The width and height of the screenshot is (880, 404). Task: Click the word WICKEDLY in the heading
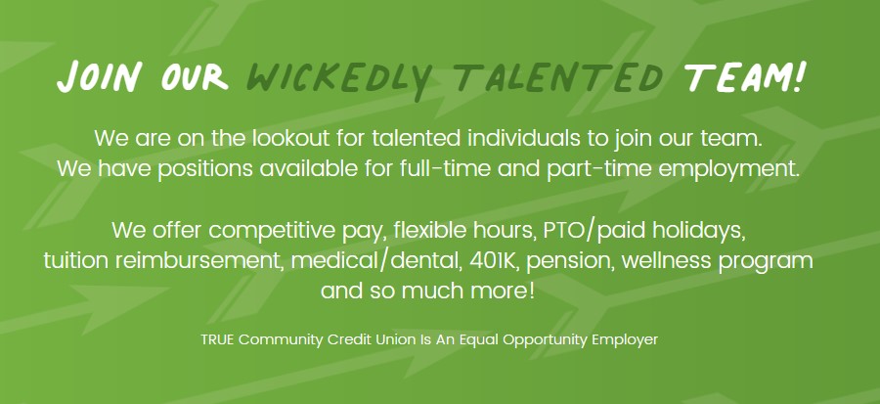tap(338, 79)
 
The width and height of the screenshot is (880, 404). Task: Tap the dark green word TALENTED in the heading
tap(558, 77)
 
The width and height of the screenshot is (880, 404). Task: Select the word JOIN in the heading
tap(100, 77)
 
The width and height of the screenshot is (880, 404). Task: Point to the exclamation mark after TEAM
tap(800, 75)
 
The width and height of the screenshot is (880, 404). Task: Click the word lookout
tap(290, 138)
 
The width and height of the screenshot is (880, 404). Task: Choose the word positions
tap(205, 169)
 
